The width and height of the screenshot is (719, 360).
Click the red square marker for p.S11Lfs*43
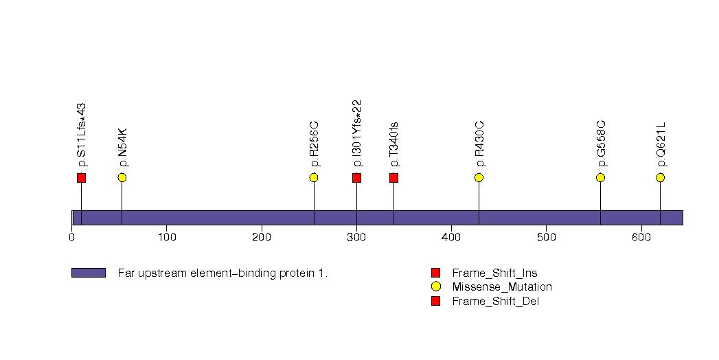pos(81,178)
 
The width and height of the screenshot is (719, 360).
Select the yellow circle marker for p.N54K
pos(122,178)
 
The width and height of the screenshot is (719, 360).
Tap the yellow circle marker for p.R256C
pos(314,178)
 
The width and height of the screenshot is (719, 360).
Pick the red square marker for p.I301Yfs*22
pos(356,178)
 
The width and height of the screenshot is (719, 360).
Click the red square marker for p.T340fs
pos(393,178)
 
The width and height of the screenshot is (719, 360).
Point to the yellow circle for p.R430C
pos(479,178)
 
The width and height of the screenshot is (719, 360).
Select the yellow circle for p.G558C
pos(600,178)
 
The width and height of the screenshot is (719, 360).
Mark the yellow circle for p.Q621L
pos(660,178)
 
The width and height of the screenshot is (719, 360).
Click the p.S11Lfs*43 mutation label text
pos(82,135)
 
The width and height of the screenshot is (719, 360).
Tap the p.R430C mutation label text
pos(479,144)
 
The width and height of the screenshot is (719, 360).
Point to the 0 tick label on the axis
pos(72,238)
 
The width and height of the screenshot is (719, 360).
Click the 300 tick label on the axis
pos(356,238)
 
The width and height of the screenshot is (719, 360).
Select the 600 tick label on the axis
pos(641,238)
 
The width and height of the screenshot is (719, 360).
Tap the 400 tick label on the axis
pos(451,238)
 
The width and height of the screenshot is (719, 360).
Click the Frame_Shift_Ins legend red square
pos(435,273)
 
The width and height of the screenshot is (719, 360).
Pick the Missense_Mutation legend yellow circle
pos(435,286)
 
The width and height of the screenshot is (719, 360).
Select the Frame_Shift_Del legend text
pos(495,301)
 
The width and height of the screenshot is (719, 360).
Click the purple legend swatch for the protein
pos(89,273)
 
